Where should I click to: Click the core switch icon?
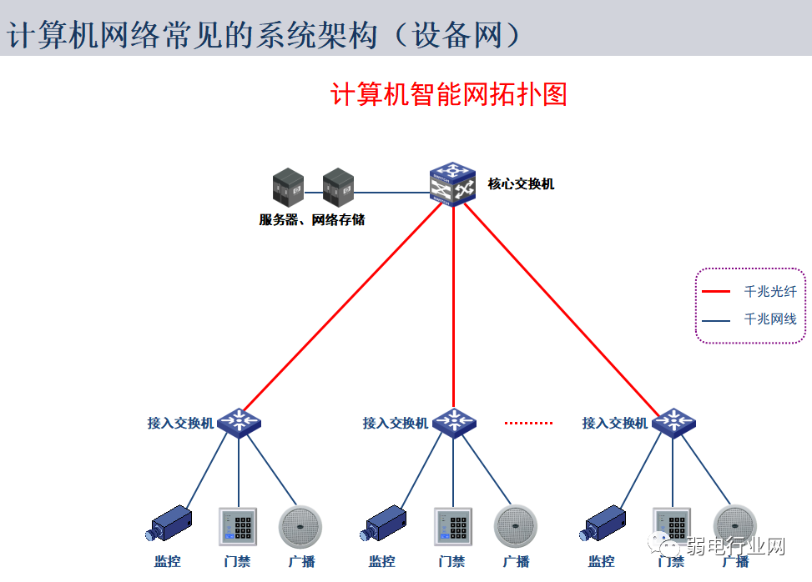[x=451, y=184]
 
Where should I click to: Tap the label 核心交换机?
[x=521, y=184]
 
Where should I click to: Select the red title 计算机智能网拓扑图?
[x=449, y=94]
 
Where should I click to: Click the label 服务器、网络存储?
[x=311, y=220]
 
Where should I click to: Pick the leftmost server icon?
[x=289, y=188]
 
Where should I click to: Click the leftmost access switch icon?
[x=240, y=422]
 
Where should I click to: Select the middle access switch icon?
[x=454, y=422]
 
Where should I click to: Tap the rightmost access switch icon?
[x=673, y=422]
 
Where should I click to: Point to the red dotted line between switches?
[x=528, y=423]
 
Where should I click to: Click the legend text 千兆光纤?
[x=769, y=292]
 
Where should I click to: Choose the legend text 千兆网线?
[x=769, y=319]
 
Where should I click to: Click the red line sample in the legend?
[x=717, y=292]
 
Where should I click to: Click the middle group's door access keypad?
[x=453, y=526]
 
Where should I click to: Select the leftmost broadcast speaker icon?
[x=300, y=526]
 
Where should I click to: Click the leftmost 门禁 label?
[x=238, y=561]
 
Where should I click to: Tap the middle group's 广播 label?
[x=516, y=561]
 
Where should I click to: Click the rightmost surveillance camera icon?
[x=602, y=524]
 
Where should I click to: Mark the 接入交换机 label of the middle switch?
[x=395, y=424]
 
